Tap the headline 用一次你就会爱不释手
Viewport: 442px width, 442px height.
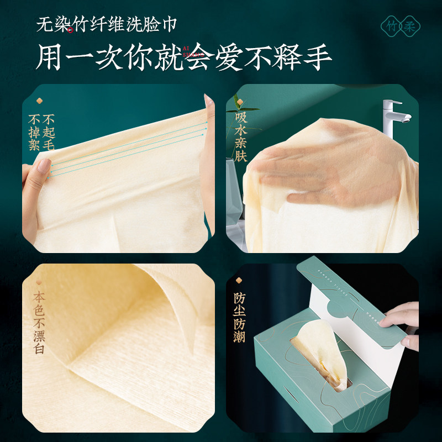pos(183,56)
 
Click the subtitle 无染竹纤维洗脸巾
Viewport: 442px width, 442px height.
pos(106,25)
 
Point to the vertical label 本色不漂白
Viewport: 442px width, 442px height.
pos(39,323)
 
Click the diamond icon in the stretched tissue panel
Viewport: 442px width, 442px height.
pos(39,101)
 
